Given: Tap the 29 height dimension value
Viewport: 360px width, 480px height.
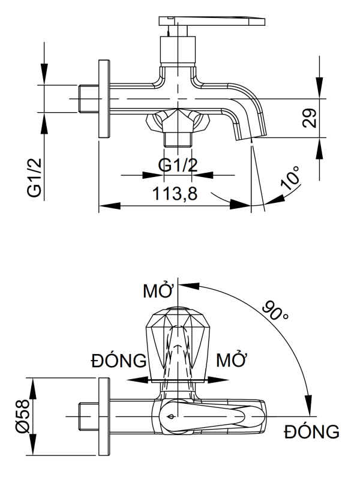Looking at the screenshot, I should pos(309,118).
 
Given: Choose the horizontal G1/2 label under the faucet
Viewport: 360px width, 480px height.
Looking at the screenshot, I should pos(178,164).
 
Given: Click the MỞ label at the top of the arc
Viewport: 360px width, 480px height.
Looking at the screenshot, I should pos(158,292).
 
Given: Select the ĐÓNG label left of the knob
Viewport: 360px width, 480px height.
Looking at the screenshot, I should pos(118,361).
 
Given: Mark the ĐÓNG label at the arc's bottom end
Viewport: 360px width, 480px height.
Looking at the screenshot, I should pos(312,431).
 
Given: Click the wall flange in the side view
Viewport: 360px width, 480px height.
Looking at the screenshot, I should pos(104,98).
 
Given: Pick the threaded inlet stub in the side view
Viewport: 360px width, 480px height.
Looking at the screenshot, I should pos(88,98).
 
